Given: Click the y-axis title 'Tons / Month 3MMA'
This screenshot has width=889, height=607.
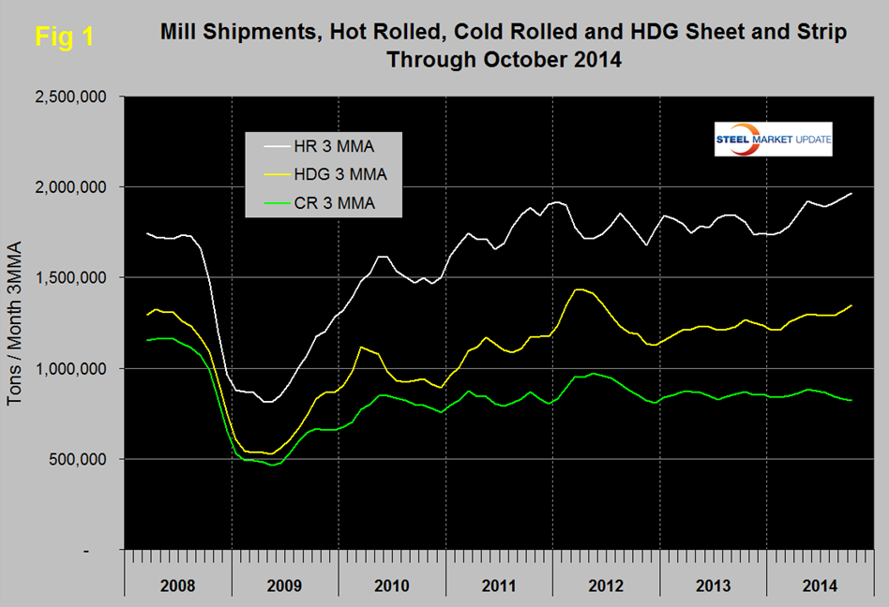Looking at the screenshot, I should (x=16, y=324).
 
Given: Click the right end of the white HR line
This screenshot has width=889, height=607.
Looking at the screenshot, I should (x=851, y=193).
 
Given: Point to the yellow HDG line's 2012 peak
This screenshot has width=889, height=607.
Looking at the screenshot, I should (x=581, y=289).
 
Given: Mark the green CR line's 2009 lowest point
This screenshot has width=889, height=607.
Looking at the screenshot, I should (x=272, y=465).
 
